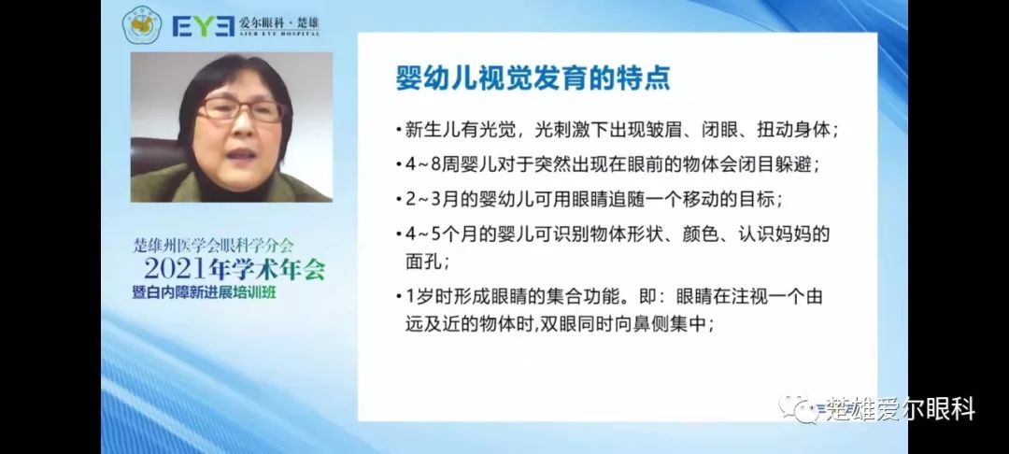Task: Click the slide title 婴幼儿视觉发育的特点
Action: click(533, 78)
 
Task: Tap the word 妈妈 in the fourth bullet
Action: click(789, 234)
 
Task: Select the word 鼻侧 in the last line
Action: click(653, 324)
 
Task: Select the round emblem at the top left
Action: click(142, 25)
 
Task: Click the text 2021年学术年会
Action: click(234, 268)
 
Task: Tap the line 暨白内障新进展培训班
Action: click(207, 292)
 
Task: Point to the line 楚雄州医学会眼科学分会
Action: click(213, 245)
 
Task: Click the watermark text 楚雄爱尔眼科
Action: click(900, 409)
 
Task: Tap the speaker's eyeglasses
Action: click(240, 109)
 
